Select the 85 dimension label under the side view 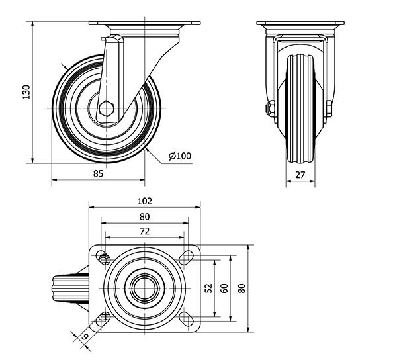click(98, 174)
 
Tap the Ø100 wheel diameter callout click(180, 156)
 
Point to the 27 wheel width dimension click(299, 175)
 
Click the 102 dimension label click(144, 201)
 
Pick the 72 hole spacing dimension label click(144, 231)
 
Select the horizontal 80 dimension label click(144, 216)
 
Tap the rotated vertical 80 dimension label click(243, 288)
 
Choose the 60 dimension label click(224, 288)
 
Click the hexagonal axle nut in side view click(108, 108)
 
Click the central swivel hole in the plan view click(144, 288)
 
